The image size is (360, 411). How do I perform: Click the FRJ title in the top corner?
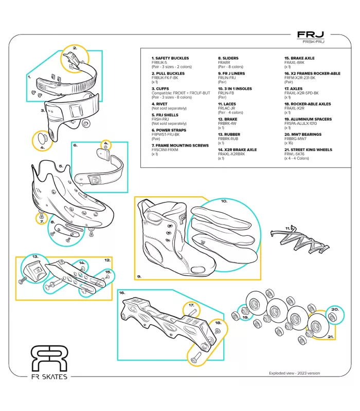[x=310, y=35]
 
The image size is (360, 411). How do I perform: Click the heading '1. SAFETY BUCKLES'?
[x=170, y=59]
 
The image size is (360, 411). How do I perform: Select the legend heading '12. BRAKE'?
[x=227, y=119]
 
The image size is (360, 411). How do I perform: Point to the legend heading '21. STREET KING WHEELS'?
[x=308, y=150]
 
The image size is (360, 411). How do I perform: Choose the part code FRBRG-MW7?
[x=295, y=139]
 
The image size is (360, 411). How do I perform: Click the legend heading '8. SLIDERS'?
[x=228, y=59]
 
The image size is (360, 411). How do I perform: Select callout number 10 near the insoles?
[x=224, y=202]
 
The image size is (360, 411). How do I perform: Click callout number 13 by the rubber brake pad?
[x=35, y=256]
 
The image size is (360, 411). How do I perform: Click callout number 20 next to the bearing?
[x=335, y=309]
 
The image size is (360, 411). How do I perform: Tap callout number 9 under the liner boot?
[x=139, y=276]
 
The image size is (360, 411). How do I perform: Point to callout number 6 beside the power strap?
[x=75, y=145]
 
